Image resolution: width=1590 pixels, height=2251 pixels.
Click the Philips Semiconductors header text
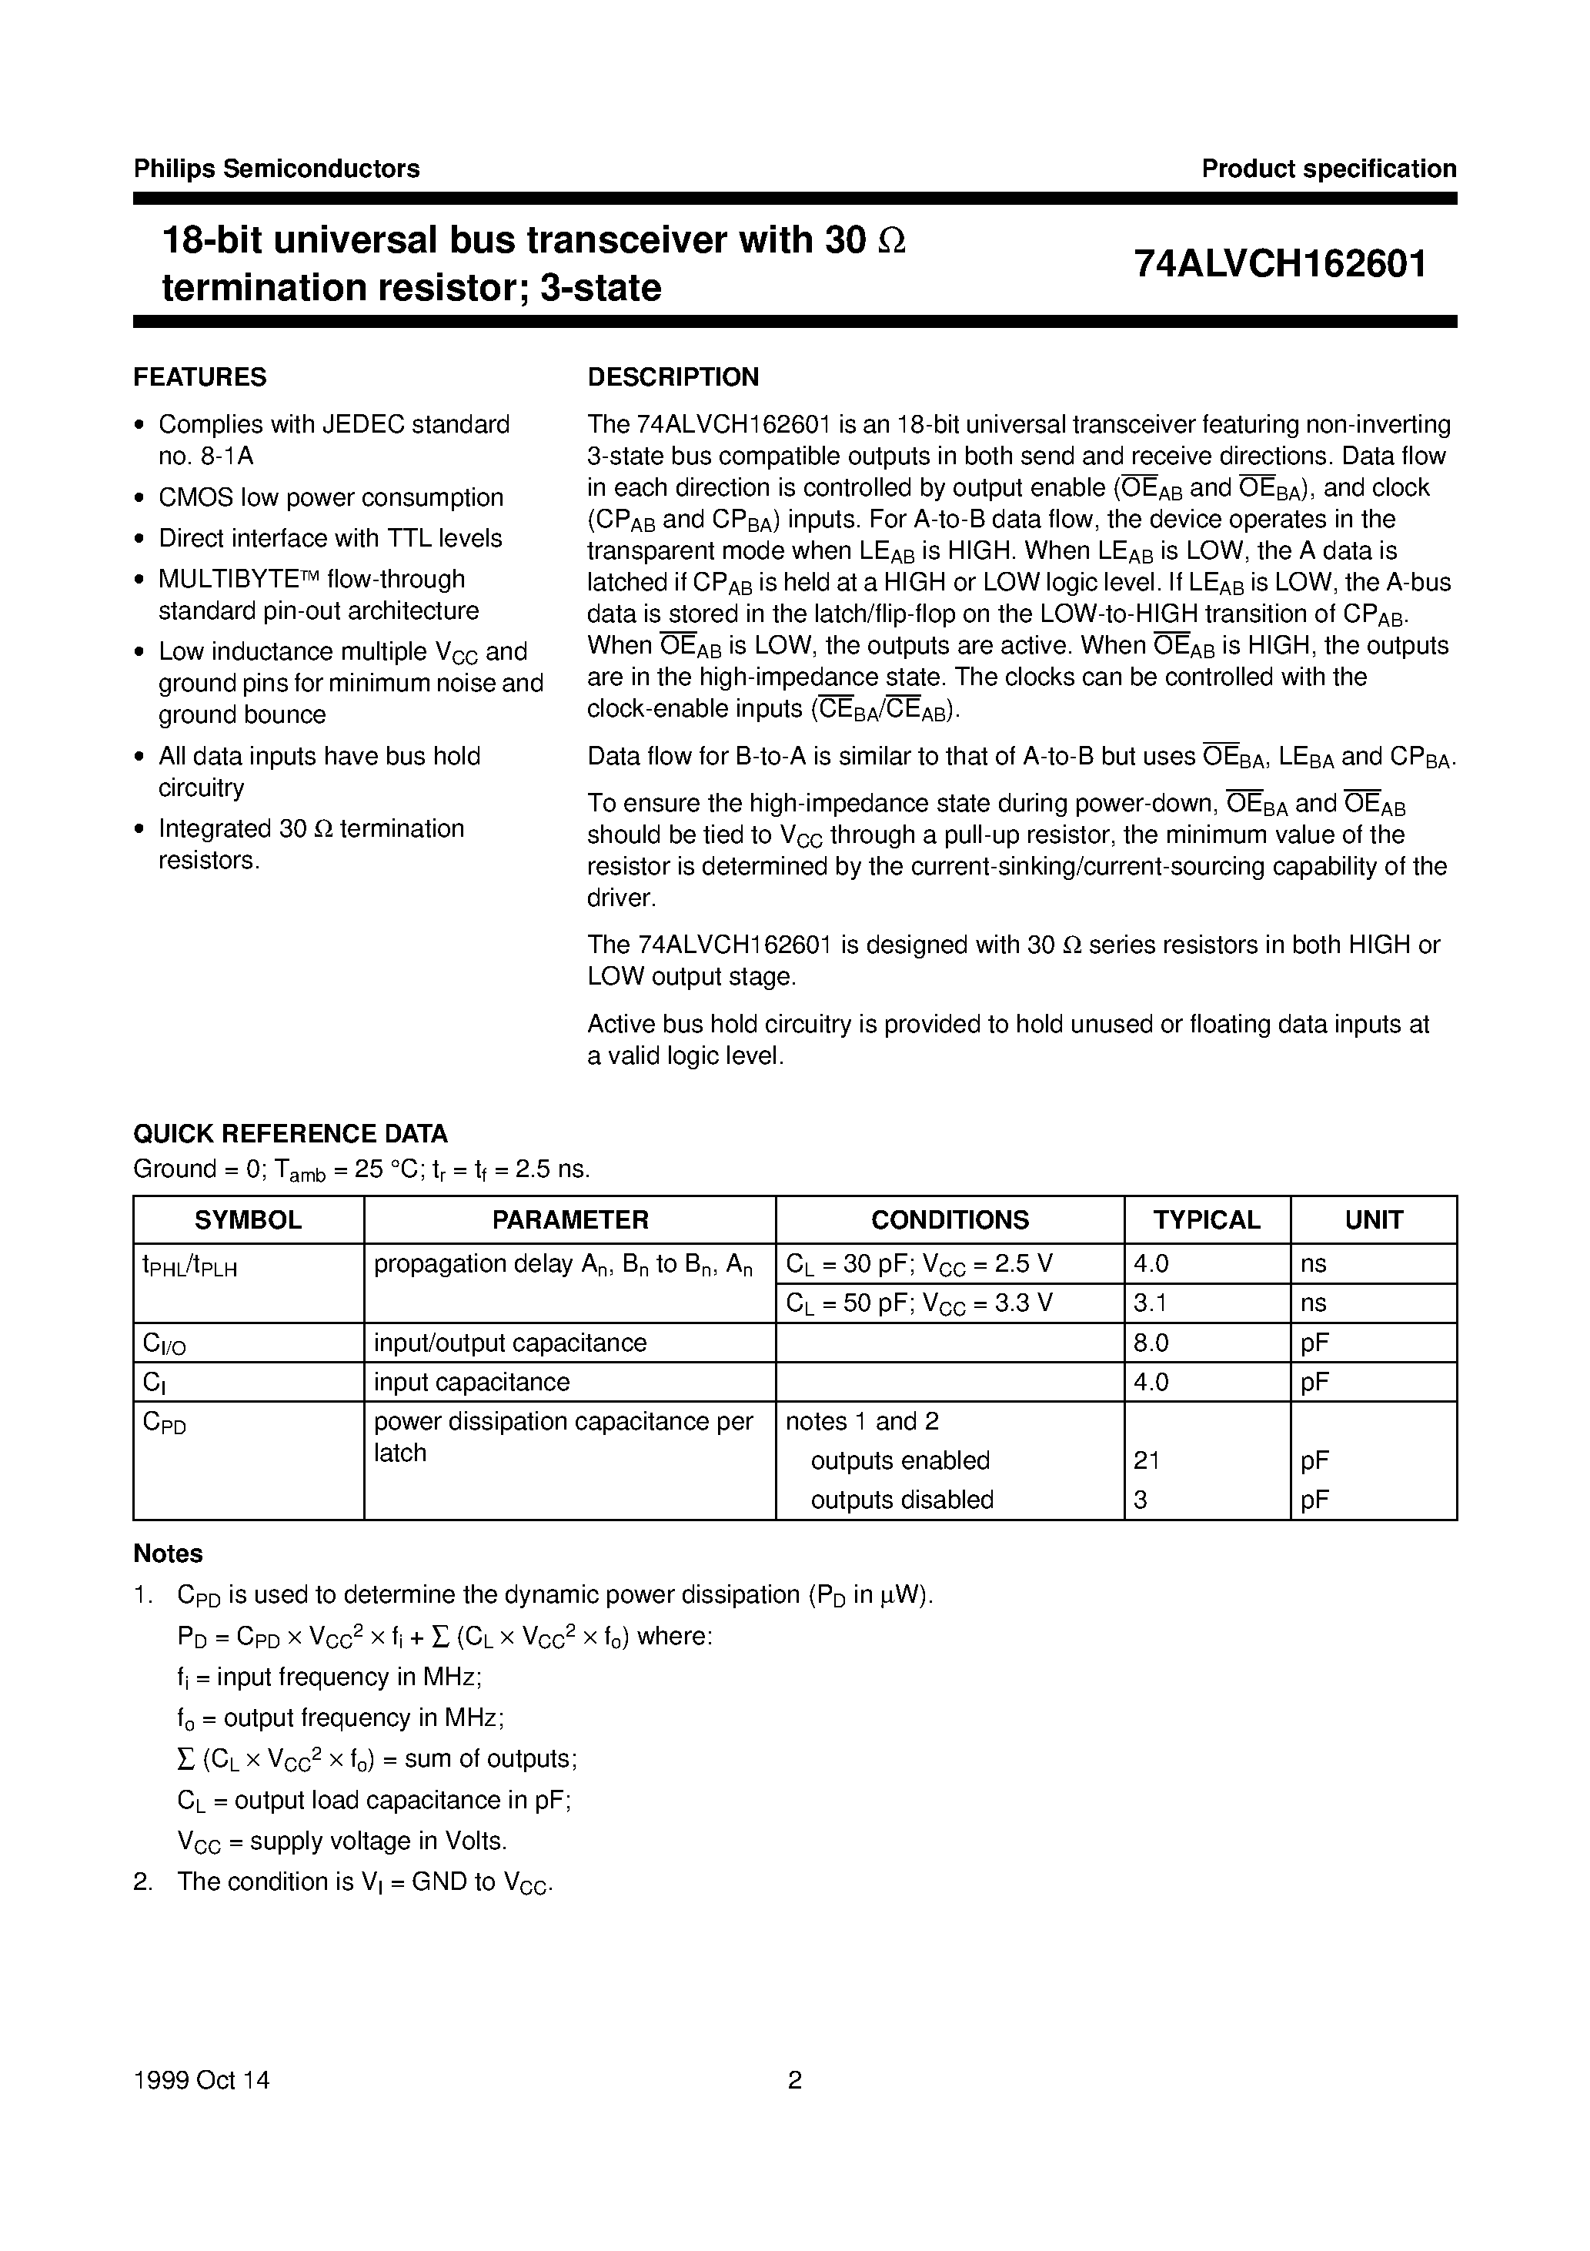click(x=276, y=169)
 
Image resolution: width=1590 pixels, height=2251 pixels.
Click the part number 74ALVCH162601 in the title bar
click(x=1280, y=264)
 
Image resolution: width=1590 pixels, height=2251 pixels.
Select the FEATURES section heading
click(x=200, y=377)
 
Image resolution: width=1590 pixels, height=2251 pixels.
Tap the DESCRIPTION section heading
click(x=673, y=377)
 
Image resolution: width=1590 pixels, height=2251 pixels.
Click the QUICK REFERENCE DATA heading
click(x=290, y=1133)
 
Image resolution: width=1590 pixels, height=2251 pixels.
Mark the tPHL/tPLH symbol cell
click(x=190, y=1266)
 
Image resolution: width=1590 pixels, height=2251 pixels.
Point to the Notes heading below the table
click(x=168, y=1554)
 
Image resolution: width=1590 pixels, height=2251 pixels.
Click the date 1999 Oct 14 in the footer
click(x=201, y=2080)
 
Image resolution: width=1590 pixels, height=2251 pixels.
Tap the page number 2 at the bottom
click(x=795, y=2080)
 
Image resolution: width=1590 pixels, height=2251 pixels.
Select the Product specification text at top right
click(x=1328, y=169)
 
